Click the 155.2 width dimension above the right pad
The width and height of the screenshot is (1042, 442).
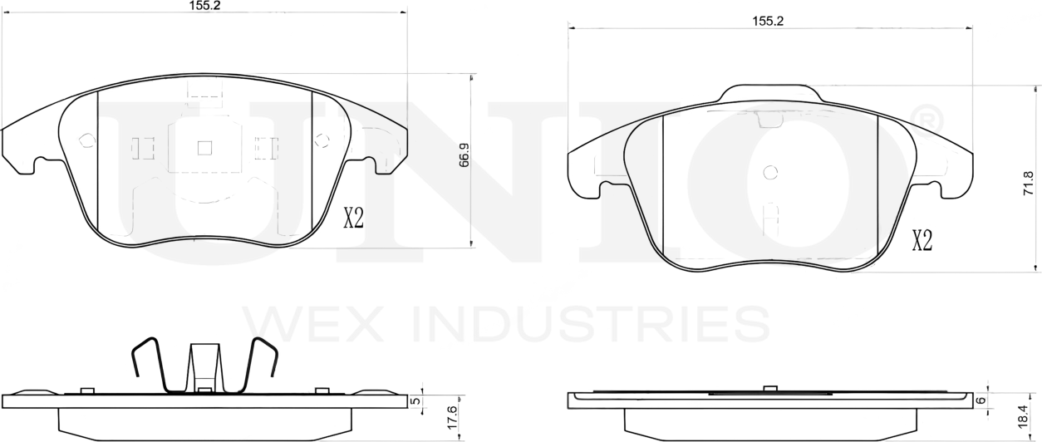click(768, 20)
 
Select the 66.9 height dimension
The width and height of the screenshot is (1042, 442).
click(464, 155)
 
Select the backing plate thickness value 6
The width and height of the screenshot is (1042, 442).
click(980, 400)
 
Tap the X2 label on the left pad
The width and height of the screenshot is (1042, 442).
click(354, 219)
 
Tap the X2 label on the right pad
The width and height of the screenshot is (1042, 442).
click(922, 242)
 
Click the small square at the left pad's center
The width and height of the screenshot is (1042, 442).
click(204, 148)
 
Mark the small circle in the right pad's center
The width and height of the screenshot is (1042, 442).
click(769, 173)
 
